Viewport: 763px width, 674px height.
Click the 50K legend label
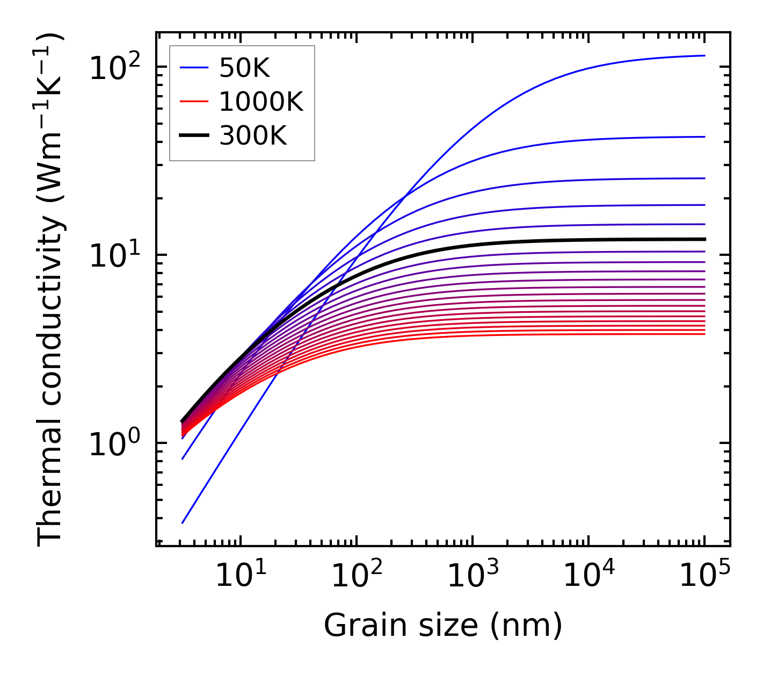tap(244, 68)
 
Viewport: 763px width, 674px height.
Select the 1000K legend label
tap(261, 102)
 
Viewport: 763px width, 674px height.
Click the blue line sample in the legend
tap(193, 68)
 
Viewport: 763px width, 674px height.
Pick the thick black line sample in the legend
tap(193, 136)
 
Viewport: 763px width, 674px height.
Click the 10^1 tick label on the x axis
tap(240, 576)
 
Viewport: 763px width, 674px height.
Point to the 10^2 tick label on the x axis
tap(357, 576)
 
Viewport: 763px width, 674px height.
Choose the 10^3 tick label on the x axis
tap(473, 576)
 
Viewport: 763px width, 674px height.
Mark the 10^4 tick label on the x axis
tap(588, 576)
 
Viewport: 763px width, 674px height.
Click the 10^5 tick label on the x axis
tap(704, 576)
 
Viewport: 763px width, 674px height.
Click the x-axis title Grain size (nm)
tap(443, 626)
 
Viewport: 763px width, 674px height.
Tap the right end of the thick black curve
tap(704, 239)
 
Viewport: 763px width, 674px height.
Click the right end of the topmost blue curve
tap(704, 55)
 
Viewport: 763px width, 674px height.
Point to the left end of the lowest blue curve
tap(183, 522)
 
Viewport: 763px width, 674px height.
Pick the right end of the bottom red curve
tap(704, 334)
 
